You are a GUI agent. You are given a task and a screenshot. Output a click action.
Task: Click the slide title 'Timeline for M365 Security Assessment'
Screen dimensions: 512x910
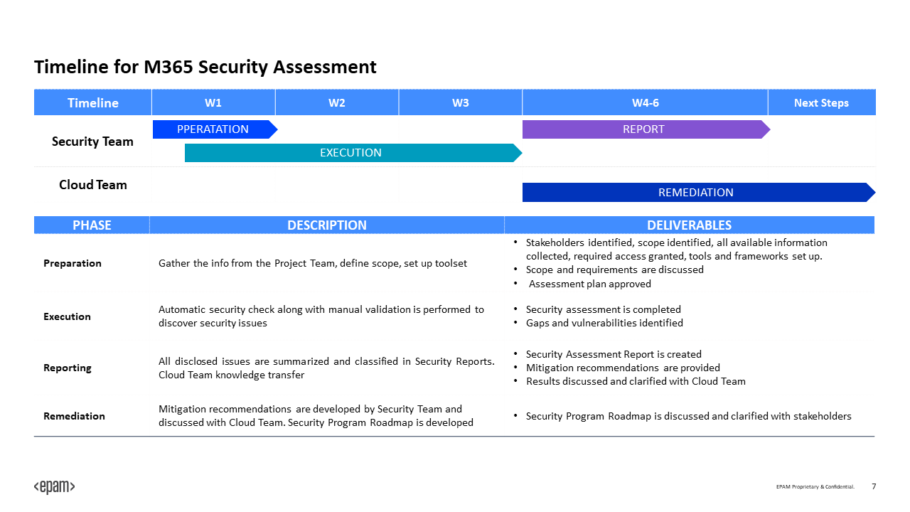click(x=205, y=68)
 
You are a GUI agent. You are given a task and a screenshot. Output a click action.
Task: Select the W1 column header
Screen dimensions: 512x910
click(x=213, y=103)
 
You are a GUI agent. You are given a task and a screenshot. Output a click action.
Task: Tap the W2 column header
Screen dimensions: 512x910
click(x=337, y=103)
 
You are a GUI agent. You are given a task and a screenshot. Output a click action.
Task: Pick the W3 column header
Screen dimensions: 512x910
click(x=461, y=103)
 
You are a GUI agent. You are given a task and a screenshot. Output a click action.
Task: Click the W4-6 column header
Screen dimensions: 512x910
click(x=645, y=103)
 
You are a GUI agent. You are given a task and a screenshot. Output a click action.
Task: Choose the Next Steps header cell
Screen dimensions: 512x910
click(x=821, y=103)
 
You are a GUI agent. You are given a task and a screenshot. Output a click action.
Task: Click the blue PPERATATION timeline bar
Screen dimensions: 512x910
click(x=213, y=129)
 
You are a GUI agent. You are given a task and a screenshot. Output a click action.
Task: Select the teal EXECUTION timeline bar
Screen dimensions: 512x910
click(x=350, y=153)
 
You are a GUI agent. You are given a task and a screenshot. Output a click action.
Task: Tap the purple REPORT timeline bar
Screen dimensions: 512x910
click(x=643, y=129)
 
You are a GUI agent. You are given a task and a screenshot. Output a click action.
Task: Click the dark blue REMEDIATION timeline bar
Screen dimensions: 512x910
click(x=695, y=193)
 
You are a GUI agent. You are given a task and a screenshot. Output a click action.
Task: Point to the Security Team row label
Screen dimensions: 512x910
click(x=92, y=142)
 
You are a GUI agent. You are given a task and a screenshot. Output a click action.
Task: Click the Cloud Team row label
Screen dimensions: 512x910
click(x=92, y=185)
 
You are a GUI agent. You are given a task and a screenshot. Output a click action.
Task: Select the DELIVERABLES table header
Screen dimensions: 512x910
click(x=689, y=225)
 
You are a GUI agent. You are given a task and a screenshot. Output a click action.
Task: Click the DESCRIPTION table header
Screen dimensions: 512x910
click(x=327, y=225)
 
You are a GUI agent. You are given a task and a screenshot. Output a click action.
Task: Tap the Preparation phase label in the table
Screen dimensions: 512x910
click(x=73, y=263)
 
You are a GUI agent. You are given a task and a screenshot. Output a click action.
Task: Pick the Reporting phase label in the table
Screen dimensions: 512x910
click(x=68, y=368)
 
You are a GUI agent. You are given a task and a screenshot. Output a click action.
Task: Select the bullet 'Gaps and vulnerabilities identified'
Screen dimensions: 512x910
click(x=604, y=323)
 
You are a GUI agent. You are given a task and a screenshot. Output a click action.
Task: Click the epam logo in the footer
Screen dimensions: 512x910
click(x=54, y=487)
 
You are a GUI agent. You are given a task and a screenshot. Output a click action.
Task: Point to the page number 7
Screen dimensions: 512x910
click(x=874, y=486)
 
